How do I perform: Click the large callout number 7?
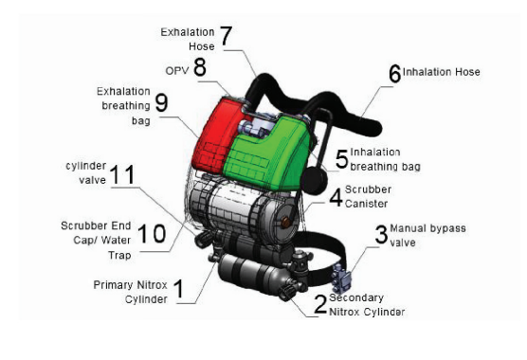click(226, 36)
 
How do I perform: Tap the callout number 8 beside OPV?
click(200, 67)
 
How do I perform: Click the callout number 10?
click(152, 233)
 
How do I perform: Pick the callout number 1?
click(179, 289)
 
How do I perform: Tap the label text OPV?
click(177, 71)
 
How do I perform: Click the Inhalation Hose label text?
click(442, 72)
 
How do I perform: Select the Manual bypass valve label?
click(427, 235)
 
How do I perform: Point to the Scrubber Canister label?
click(368, 196)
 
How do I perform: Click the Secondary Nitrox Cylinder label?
click(367, 305)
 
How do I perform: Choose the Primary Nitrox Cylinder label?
click(131, 292)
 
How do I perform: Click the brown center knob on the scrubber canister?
click(285, 222)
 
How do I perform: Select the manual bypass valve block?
click(341, 278)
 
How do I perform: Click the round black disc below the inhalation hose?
click(315, 182)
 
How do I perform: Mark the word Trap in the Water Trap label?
click(119, 256)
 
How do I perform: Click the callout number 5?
click(342, 159)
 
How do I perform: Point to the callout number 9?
click(161, 102)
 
